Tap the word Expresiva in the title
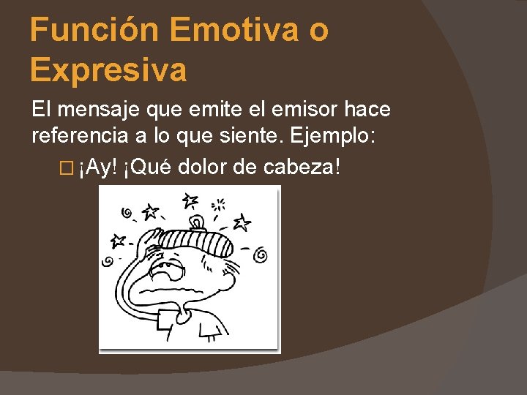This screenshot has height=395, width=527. pyautogui.click(x=108, y=70)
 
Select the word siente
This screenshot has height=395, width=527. pyautogui.click(x=242, y=135)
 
